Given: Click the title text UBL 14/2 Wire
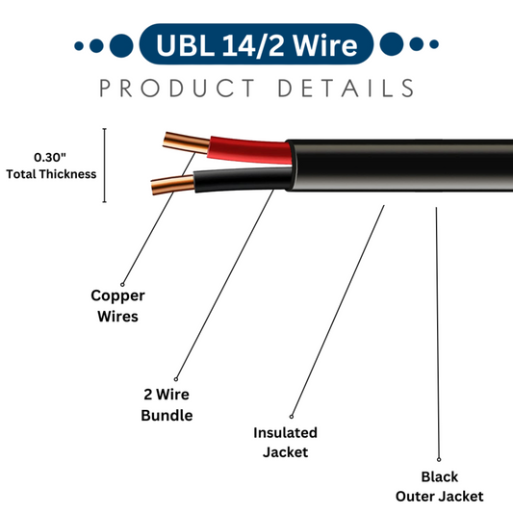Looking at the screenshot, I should click(256, 44).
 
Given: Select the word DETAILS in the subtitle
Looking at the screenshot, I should click(346, 89).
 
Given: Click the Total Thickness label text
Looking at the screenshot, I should click(51, 174).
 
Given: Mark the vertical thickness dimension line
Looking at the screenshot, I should click(104, 166).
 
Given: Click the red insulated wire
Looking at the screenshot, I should click(246, 150).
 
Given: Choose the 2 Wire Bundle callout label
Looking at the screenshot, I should click(167, 405).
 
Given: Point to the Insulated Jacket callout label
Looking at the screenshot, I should click(285, 442).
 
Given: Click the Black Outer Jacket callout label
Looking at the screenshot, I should click(439, 486).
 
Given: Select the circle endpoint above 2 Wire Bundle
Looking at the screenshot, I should click(176, 378).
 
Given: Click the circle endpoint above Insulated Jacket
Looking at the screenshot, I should click(292, 415).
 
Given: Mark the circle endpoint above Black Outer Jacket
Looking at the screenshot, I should click(439, 459).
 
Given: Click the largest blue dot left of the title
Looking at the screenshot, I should click(121, 44).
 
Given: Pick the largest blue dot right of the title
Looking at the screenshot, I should click(391, 44).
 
